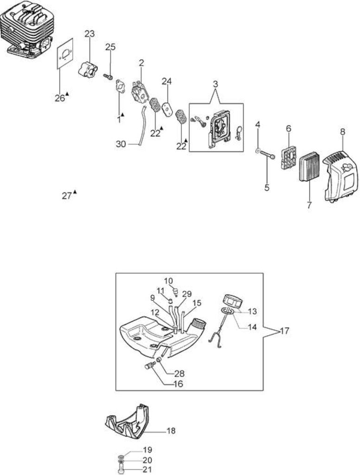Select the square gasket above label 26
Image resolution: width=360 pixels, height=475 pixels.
coord(65,54)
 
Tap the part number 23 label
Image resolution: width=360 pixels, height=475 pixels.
coord(90,33)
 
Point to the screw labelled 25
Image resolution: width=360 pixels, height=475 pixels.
coord(108,77)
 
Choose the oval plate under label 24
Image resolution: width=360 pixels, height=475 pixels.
coord(166,109)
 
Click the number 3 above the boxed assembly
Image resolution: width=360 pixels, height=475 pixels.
coord(215,84)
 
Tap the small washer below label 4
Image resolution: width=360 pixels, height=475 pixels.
coord(258,150)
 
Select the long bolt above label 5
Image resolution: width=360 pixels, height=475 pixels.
coord(268,154)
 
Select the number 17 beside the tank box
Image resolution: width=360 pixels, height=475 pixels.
coord(284,330)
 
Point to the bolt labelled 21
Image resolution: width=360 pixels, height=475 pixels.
coord(121,470)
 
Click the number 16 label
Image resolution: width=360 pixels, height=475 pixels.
coord(178,384)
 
